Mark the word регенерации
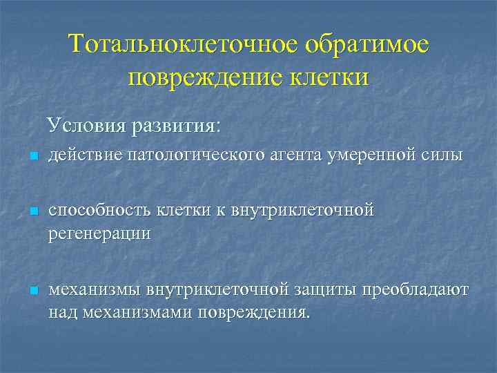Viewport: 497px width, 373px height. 99,233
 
